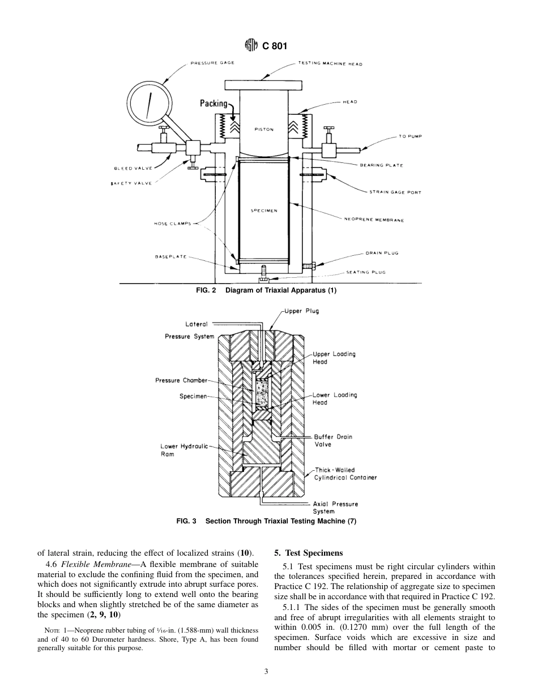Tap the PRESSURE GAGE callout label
pyautogui.click(x=212, y=63)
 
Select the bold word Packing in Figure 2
pyautogui.click(x=214, y=104)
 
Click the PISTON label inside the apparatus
pyautogui.click(x=264, y=130)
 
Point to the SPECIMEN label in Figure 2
pyautogui.click(x=263, y=210)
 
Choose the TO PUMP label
pyautogui.click(x=411, y=136)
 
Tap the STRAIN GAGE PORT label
pyautogui.click(x=395, y=192)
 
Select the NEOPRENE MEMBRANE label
pyautogui.click(x=374, y=220)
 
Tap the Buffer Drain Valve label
pyautogui.click(x=333, y=440)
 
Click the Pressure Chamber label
pyautogui.click(x=181, y=380)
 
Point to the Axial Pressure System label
pyautogui.click(x=335, y=508)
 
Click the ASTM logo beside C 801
pyautogui.click(x=251, y=45)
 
